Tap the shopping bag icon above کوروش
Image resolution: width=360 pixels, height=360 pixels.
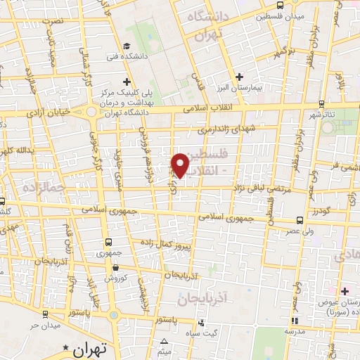point(116,268)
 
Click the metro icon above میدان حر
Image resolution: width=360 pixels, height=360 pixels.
point(32,314)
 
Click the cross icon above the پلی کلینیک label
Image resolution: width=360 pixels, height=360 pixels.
point(125,82)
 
